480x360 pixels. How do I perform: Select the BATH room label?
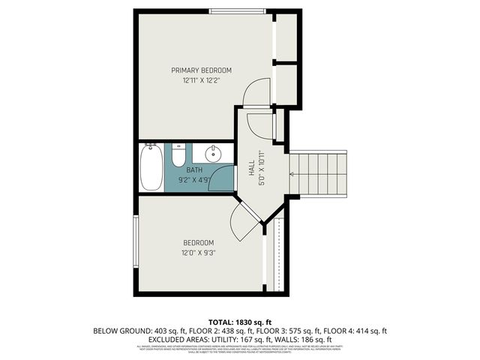pyautogui.click(x=194, y=170)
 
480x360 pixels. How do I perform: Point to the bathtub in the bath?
pyautogui.click(x=150, y=169)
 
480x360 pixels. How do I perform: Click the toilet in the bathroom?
pyautogui.click(x=178, y=156)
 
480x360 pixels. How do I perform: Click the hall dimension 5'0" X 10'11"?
pyautogui.click(x=262, y=164)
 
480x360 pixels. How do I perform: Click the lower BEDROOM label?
pyautogui.click(x=199, y=242)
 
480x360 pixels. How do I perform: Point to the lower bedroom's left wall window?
pyautogui.click(x=136, y=241)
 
